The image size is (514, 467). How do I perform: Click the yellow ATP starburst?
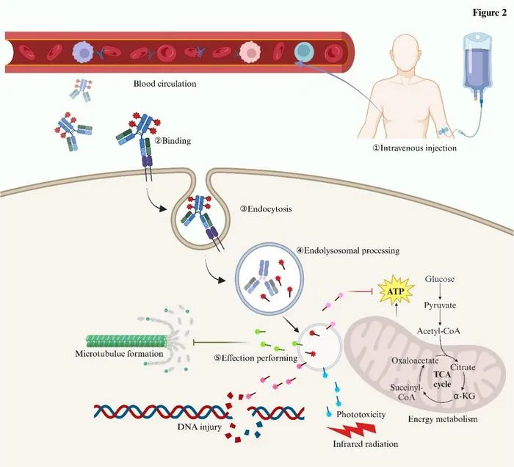[396, 291]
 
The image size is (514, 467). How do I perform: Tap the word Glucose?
[440, 279]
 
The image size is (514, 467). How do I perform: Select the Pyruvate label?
[440, 305]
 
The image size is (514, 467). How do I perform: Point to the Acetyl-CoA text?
[438, 331]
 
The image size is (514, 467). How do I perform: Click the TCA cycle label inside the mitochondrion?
[442, 379]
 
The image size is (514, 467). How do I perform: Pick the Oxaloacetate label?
[415, 361]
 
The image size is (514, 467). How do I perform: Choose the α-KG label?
[464, 396]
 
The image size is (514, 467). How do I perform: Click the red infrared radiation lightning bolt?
[351, 430]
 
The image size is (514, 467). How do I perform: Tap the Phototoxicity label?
[361, 415]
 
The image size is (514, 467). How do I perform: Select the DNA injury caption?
[199, 427]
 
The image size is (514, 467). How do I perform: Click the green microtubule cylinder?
[126, 341]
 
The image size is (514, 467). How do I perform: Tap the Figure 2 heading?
[490, 12]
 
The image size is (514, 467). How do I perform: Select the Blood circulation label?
[165, 84]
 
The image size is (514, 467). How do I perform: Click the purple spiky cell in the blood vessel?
[84, 52]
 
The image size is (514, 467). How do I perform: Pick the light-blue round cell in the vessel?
[304, 52]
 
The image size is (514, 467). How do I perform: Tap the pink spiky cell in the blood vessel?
[251, 52]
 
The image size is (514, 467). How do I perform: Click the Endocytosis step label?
[266, 209]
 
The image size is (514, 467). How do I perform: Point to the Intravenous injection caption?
[415, 148]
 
